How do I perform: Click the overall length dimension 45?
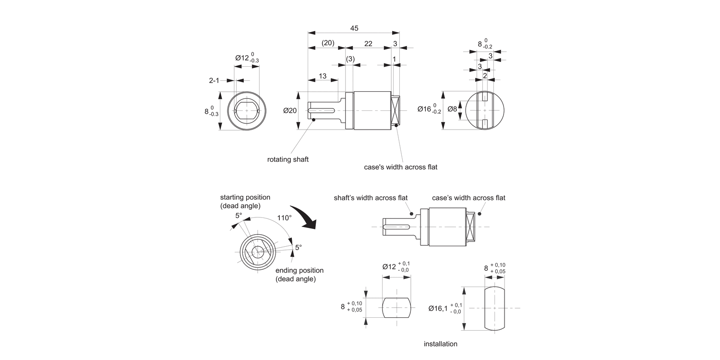[354, 28]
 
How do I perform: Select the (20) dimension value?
[328, 43]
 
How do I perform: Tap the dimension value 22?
[368, 43]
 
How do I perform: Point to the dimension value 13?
[322, 76]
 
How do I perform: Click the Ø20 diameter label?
[290, 111]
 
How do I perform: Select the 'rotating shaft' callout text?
[288, 159]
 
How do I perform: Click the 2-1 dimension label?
[214, 81]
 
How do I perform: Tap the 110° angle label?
[284, 217]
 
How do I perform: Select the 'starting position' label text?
[245, 197]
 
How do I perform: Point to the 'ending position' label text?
[300, 270]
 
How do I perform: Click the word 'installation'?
[441, 344]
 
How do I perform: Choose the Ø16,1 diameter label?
[438, 309]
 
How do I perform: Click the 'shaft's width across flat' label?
[371, 198]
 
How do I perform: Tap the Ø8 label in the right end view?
[452, 109]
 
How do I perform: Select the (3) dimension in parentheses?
[350, 59]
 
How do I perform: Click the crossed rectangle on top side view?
[396, 111]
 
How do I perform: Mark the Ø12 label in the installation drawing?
[389, 266]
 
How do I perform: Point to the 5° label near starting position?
[239, 216]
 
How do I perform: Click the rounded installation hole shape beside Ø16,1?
[494, 308]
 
